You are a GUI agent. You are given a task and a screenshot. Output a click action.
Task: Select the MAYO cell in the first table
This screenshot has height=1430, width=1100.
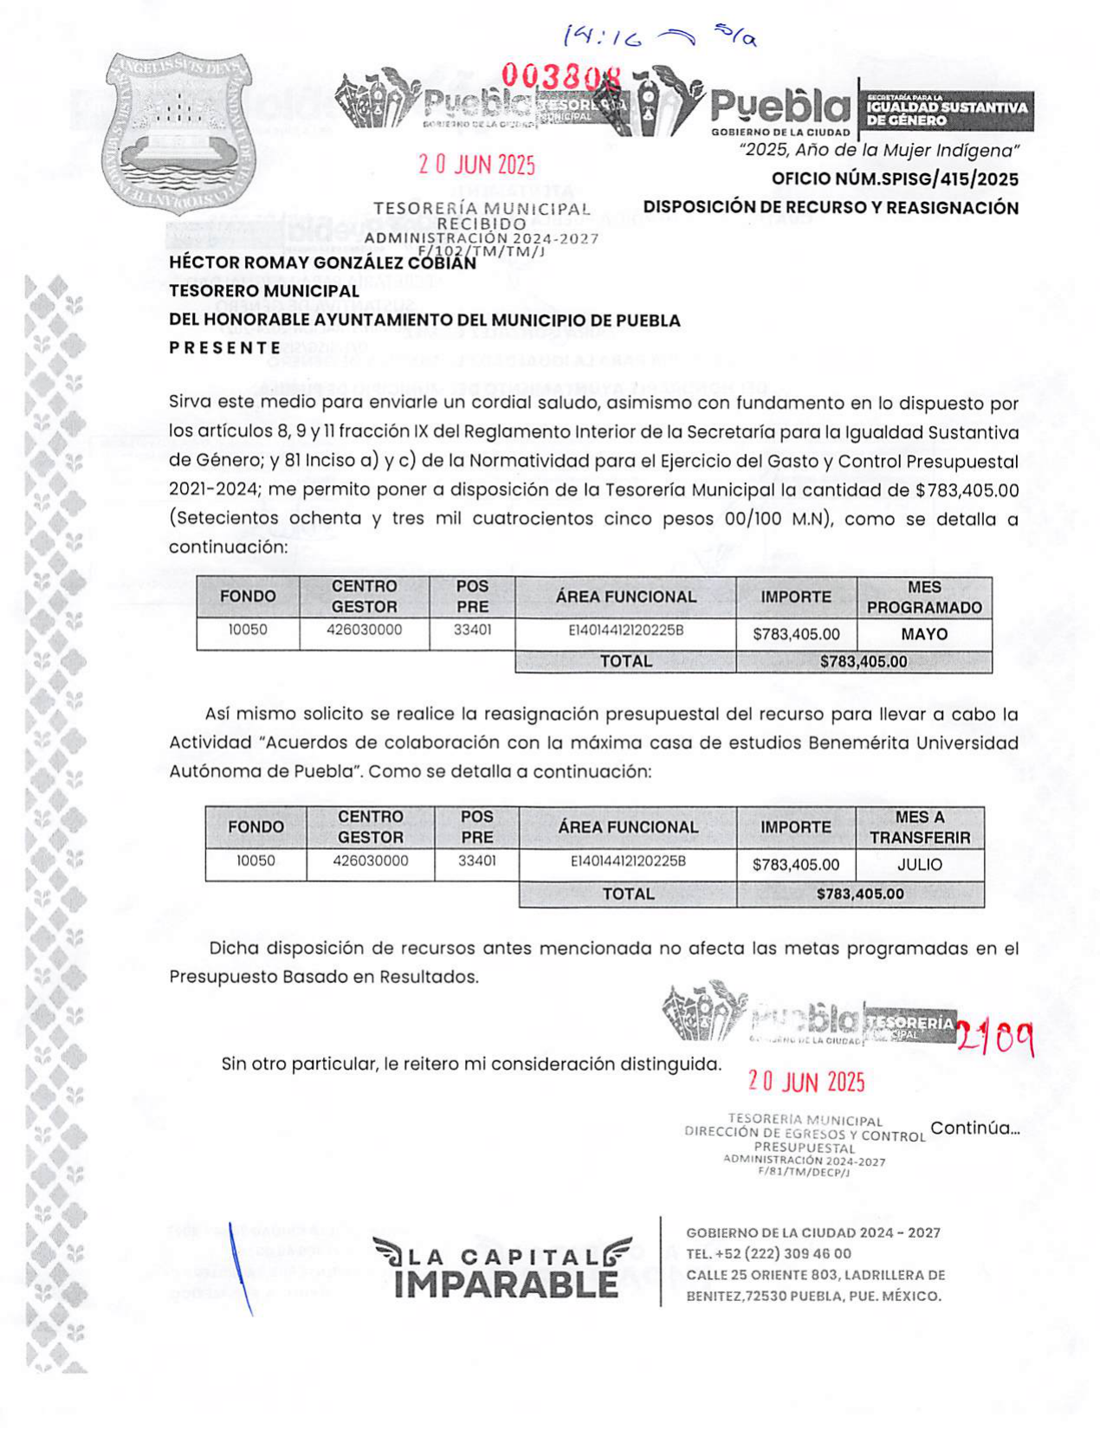pos(923,634)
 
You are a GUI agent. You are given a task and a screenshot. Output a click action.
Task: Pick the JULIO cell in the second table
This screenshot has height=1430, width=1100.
pos(919,864)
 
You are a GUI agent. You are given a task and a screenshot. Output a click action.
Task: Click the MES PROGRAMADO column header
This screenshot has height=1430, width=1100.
pos(923,597)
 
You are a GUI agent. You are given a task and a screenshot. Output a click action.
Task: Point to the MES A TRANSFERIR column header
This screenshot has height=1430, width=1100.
pos(919,827)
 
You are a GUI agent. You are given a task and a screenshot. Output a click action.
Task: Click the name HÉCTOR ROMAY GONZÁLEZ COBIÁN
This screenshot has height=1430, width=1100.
pos(322,262)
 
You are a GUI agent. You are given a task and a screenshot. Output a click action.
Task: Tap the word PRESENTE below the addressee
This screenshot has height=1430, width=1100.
pos(225,348)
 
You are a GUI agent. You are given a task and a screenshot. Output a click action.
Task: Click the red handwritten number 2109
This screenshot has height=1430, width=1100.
pos(995,1037)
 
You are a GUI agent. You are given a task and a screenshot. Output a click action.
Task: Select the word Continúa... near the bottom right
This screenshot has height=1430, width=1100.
pos(974,1128)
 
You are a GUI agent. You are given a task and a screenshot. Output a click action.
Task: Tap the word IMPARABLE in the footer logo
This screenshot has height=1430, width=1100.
pos(506,1284)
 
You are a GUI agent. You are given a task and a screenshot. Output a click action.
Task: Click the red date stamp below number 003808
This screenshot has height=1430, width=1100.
pos(476,165)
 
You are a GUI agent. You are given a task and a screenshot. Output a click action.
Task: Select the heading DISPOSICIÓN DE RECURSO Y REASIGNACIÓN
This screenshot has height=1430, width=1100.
pos(830,208)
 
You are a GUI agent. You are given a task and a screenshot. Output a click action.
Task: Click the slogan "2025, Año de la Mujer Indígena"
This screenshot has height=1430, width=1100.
pos(878,151)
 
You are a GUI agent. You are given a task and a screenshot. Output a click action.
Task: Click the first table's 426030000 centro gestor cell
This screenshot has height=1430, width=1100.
pos(364,630)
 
